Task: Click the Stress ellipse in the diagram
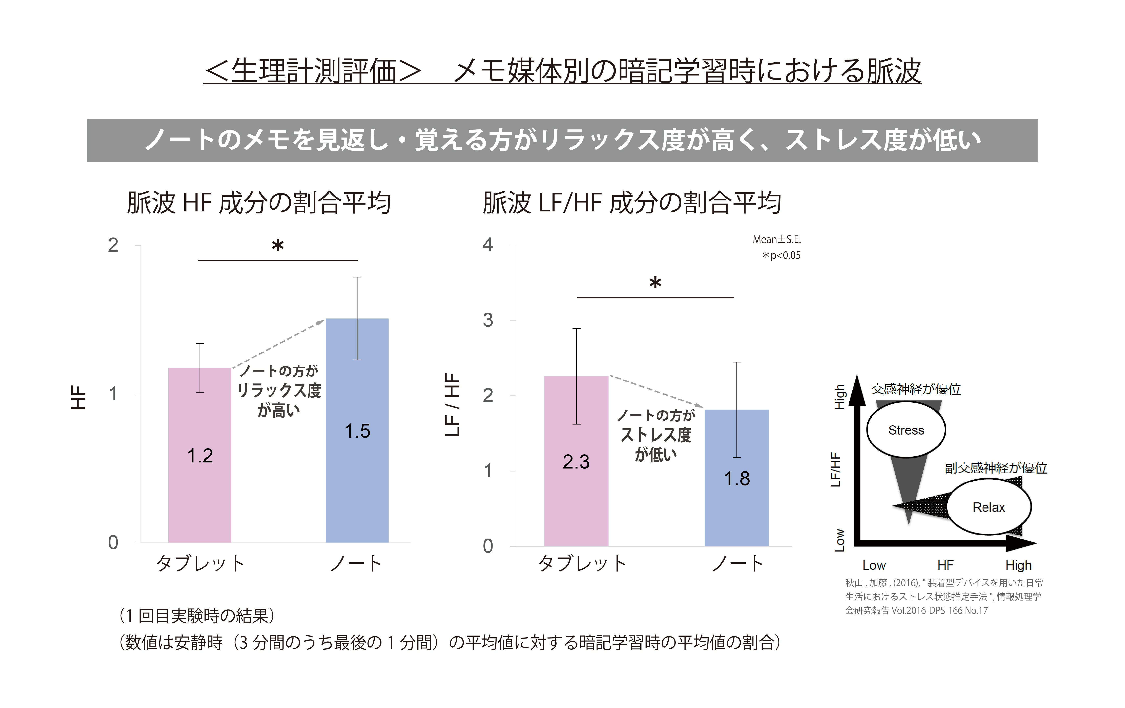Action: (906, 430)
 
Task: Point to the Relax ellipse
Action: (988, 507)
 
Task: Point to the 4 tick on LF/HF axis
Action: (488, 245)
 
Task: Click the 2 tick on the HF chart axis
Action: (113, 245)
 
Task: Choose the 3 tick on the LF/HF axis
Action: (488, 320)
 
